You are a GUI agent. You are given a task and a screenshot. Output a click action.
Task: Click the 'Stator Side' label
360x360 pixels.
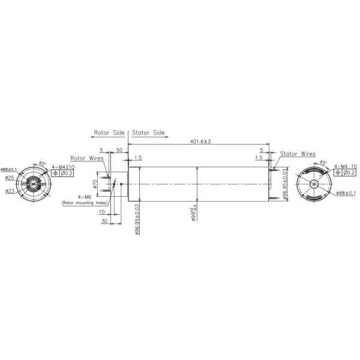pos(148,133)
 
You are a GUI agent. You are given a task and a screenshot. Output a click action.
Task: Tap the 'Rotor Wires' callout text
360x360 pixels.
pos(87,158)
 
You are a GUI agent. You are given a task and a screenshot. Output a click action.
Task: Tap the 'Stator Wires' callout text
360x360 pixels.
pos(298,154)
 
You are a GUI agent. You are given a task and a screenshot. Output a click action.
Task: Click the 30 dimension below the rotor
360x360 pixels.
pos(105,221)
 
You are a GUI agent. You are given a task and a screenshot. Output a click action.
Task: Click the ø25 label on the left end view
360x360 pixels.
pos(10,178)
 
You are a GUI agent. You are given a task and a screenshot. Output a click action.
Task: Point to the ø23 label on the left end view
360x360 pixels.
pos(10,191)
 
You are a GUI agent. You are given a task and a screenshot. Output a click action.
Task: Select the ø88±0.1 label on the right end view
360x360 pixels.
pos(346,193)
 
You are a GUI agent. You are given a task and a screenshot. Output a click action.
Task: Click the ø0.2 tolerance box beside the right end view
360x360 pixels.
pos(347,173)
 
